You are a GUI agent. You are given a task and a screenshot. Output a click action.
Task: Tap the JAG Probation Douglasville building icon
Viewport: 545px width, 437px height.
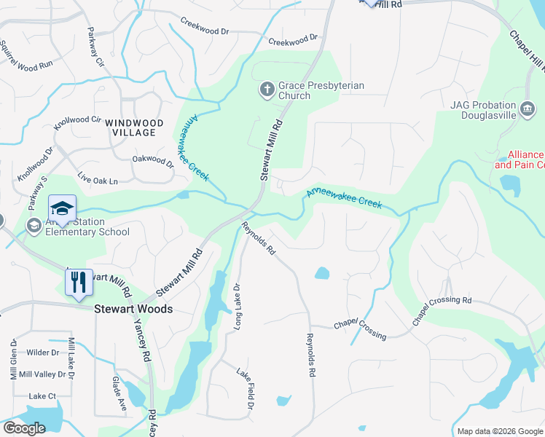coord(527,111)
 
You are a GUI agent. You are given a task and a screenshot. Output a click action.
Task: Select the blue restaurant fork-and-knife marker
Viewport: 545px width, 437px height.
coord(79,283)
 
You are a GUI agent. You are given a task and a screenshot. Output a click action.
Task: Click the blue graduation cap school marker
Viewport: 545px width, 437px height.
coord(62,210)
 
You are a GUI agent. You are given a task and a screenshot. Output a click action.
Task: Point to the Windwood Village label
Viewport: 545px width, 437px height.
coord(130,127)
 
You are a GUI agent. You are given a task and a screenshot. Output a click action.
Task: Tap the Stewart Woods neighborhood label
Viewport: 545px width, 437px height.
coord(133,309)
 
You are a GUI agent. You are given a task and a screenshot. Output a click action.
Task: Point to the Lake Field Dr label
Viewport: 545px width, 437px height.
coord(244,387)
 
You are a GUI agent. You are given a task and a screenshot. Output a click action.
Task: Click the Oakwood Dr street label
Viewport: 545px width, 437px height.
coord(153,162)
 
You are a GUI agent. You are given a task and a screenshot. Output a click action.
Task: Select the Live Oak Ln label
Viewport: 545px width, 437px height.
coord(98,178)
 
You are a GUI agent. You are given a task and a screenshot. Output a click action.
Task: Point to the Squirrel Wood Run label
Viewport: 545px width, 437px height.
coord(26,55)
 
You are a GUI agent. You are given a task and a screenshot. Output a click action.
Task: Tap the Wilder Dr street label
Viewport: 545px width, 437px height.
coord(42,353)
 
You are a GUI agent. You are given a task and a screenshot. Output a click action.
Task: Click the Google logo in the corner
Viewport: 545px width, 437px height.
coord(24,428)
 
